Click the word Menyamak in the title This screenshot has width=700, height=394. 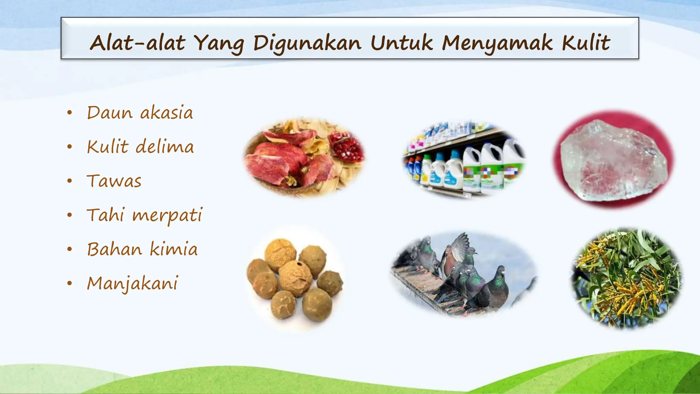497,43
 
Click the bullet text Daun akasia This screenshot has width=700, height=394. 140,113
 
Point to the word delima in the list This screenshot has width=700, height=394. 165,147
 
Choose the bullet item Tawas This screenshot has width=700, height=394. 114,181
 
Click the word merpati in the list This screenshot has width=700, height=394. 167,216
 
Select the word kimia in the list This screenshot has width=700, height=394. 174,249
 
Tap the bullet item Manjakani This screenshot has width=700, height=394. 133,284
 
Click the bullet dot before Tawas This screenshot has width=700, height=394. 70,181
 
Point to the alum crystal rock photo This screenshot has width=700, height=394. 614,159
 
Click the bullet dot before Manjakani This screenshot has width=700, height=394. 70,284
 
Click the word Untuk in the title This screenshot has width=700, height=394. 401,43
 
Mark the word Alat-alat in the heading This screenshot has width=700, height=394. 137,43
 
